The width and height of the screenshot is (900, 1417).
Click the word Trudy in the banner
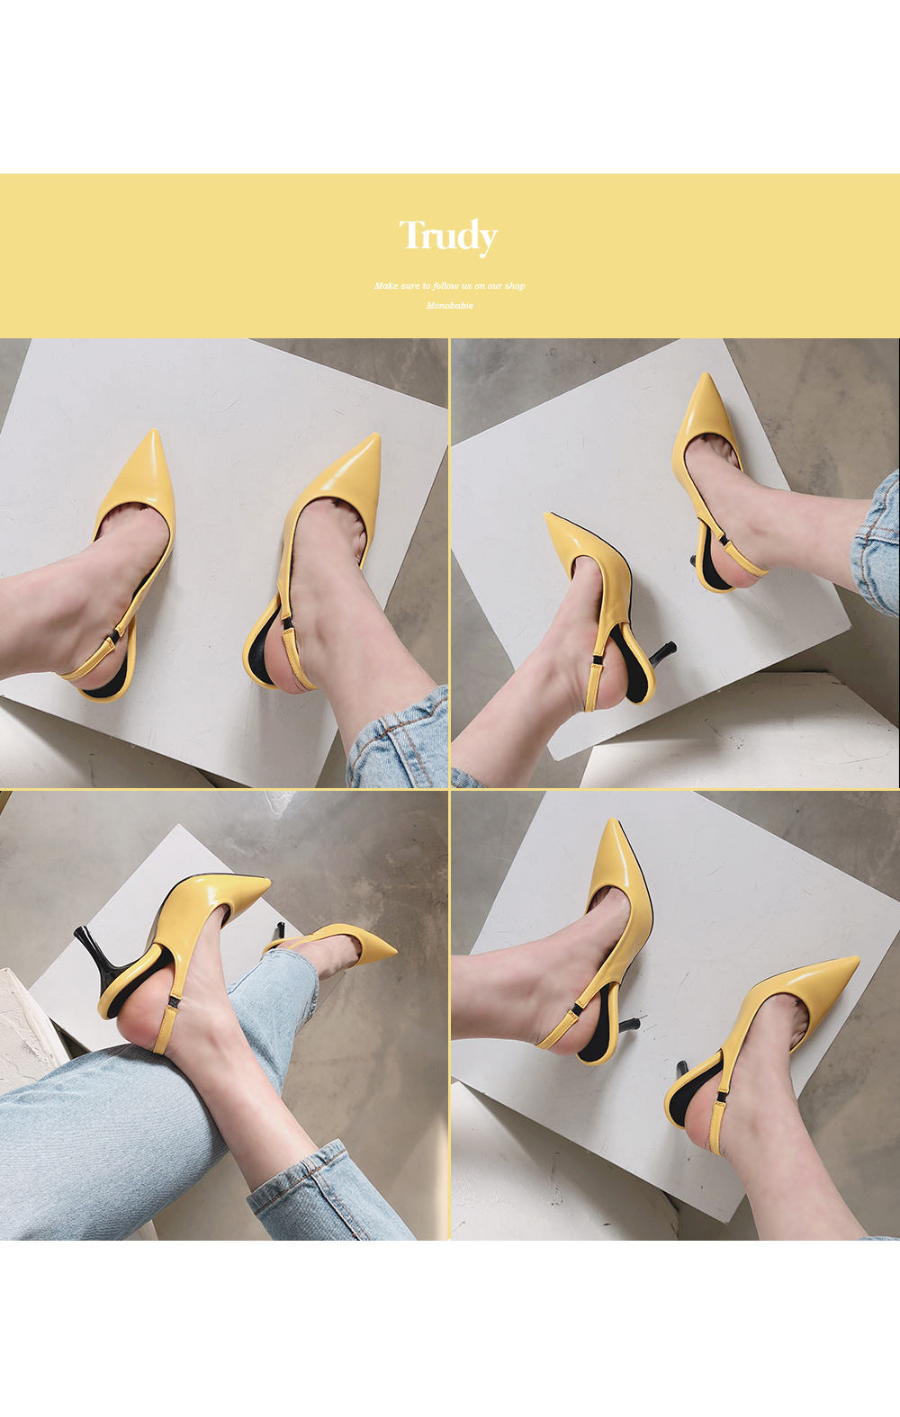pyautogui.click(x=448, y=236)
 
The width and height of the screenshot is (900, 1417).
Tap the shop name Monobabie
pyautogui.click(x=449, y=306)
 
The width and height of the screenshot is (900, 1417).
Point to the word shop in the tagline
pyautogui.click(x=515, y=286)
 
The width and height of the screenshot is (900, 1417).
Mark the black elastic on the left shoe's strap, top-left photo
pyautogui.click(x=115, y=636)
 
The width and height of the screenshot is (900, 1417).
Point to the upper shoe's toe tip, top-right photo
pyautogui.click(x=705, y=376)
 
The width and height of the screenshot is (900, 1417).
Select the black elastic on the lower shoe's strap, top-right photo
pyautogui.click(x=596, y=661)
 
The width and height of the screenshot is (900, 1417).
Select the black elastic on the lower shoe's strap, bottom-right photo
pyautogui.click(x=722, y=1094)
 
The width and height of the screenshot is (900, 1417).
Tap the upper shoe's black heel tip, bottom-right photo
pyautogui.click(x=634, y=1019)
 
